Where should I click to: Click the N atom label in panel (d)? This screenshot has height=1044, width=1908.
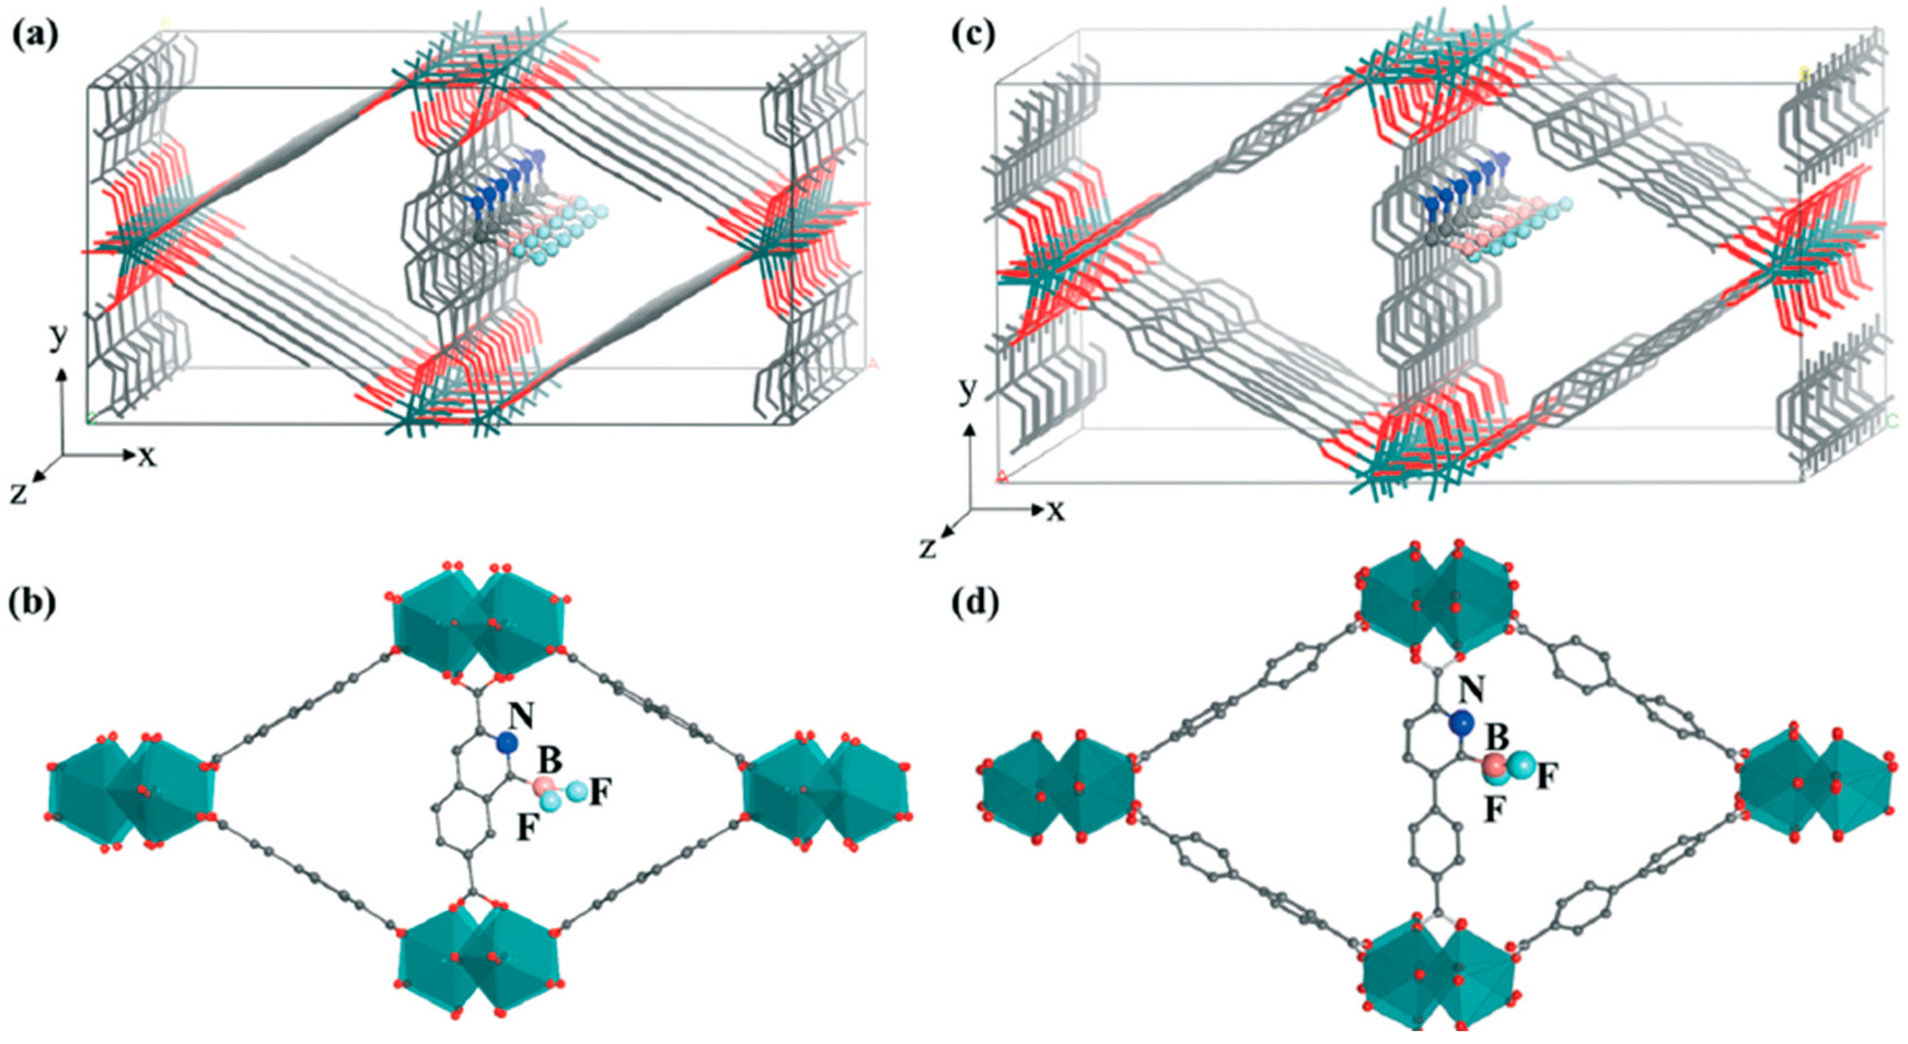coord(1471,690)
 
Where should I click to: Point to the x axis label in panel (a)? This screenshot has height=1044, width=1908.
coord(148,457)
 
